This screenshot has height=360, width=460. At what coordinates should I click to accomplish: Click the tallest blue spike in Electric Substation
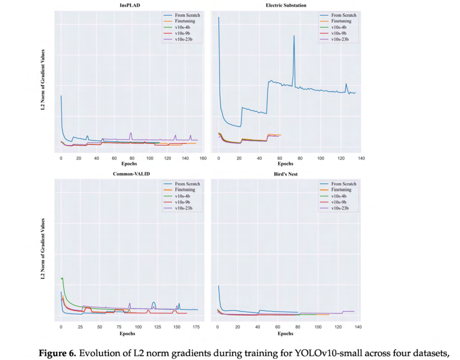pos(294,35)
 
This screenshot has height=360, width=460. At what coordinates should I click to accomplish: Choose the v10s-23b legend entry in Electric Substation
pos(343,39)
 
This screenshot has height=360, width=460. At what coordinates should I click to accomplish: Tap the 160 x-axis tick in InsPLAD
pos(202,158)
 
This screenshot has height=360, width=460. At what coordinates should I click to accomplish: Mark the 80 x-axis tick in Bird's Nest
pos(298,326)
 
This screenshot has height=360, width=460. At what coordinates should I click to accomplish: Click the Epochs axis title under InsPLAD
pos(129,164)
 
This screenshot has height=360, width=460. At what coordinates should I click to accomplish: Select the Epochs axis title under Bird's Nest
pos(285,333)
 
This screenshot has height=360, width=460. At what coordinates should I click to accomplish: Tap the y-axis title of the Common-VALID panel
pos(43,248)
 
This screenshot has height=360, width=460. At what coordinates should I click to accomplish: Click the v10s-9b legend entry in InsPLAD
pos(185,33)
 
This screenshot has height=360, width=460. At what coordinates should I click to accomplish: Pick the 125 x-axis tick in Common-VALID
pos(156,326)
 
